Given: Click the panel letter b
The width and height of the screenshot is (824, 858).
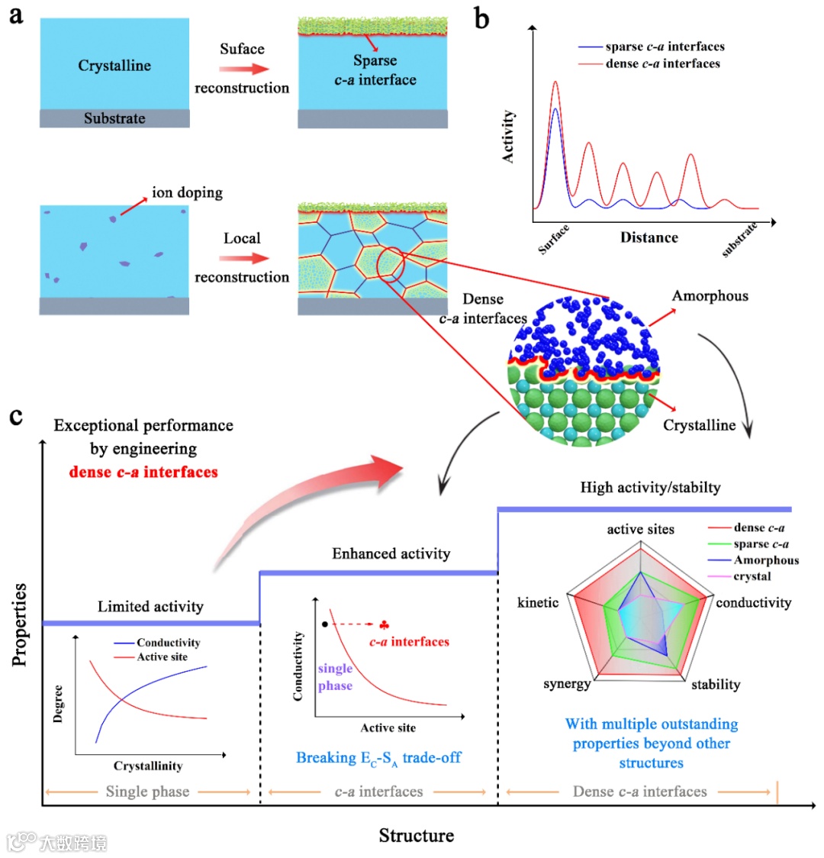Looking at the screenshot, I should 481,18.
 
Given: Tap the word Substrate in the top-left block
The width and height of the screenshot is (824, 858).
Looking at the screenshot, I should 114,118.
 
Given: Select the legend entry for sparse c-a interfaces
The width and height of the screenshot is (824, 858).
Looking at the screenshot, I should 665,47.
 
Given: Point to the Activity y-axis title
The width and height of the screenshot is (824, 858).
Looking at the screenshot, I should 508,137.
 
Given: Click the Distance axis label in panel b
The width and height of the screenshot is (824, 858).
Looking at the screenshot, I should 649,237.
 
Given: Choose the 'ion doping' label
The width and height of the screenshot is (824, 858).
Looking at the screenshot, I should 187,192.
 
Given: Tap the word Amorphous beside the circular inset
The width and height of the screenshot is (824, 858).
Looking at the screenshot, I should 710,296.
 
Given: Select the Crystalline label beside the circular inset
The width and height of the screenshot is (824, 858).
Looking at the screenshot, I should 699,425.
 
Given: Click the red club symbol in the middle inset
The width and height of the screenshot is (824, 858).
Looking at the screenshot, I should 384,624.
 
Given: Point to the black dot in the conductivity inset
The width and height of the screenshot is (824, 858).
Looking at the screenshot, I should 326,624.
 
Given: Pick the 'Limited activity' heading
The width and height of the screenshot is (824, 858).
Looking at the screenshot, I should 150,607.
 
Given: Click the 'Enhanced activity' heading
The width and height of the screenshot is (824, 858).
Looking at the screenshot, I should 391,553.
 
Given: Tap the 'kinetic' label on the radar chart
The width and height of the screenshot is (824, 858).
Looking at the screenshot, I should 538,603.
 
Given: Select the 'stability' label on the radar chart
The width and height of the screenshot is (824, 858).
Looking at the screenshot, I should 716,684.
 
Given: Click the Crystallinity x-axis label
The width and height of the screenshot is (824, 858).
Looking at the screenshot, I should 148,766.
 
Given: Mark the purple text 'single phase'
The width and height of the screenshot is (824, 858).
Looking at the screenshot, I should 335,677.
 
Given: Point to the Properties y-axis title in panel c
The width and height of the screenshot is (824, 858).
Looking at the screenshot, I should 21,624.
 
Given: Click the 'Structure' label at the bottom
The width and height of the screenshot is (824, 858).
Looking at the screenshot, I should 416,835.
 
